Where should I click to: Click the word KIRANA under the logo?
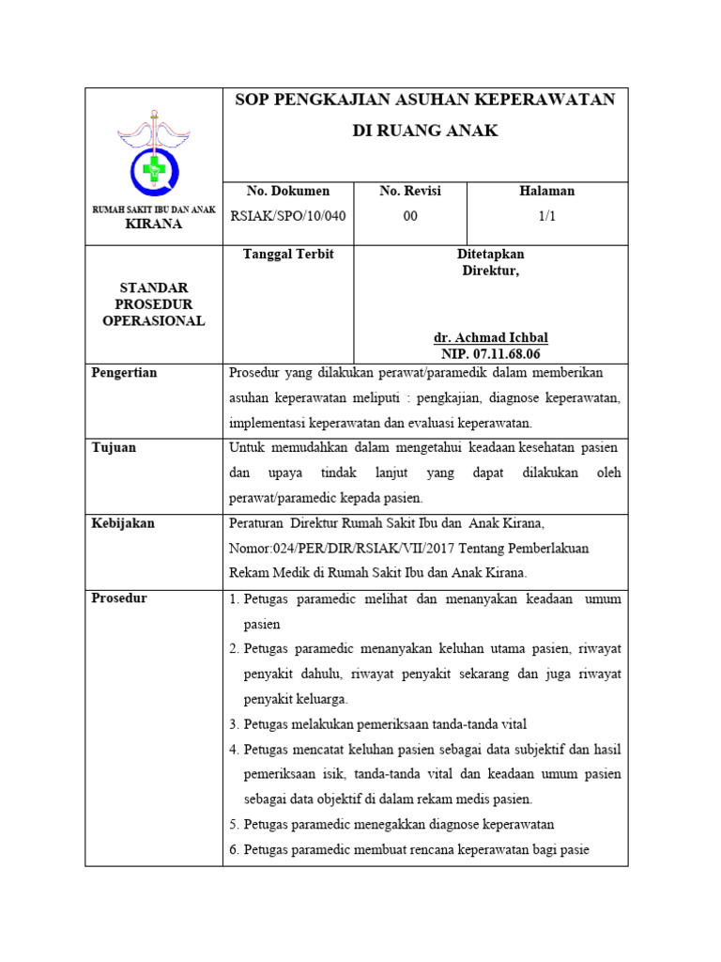[x=154, y=225]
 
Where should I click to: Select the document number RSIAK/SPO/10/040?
[x=288, y=216]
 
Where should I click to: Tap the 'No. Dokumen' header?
[x=287, y=191]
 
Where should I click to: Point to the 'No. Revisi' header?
[x=409, y=191]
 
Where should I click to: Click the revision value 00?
[x=409, y=216]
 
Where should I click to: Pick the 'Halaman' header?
[x=546, y=191]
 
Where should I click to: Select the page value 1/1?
[x=546, y=216]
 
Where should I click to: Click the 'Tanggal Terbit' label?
[x=288, y=255]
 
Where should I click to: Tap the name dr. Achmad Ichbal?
[x=491, y=338]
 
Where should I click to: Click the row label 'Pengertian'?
[x=124, y=373]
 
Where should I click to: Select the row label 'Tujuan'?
[x=114, y=447]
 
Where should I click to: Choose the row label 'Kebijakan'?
[x=123, y=522]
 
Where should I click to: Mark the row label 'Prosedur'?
[x=119, y=598]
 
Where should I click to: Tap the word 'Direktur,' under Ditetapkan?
[x=490, y=271]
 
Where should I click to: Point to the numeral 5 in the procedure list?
[x=233, y=825]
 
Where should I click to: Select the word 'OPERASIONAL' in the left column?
[x=154, y=321]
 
